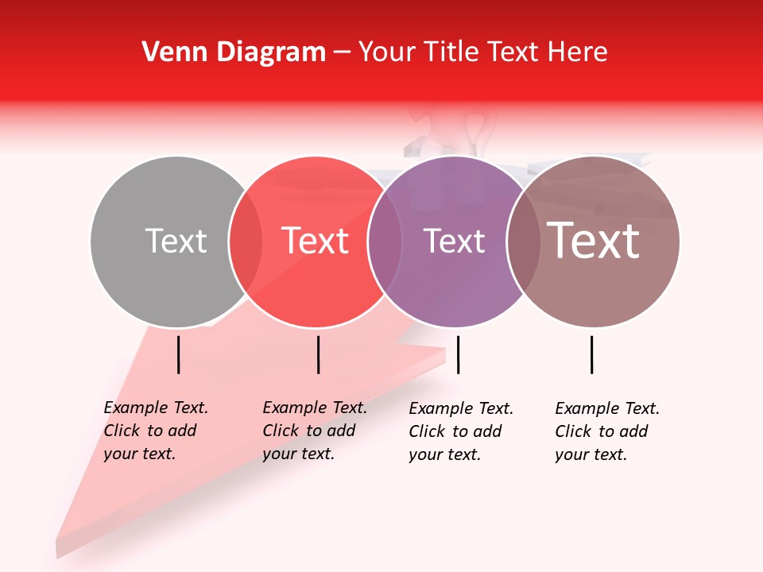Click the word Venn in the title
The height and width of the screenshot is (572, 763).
point(168,52)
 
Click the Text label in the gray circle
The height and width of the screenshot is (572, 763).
point(176,241)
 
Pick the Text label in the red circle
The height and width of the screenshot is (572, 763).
point(316,241)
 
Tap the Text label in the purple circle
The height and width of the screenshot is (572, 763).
point(454,241)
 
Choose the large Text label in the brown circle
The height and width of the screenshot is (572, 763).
point(594,241)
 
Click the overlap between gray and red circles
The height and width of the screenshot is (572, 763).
point(246,242)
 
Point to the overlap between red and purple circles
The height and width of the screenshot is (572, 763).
point(385,242)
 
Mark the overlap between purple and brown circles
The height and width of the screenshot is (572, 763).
point(524,242)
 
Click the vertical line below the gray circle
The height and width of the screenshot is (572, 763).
point(179,354)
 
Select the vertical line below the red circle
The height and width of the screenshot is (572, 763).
point(318,354)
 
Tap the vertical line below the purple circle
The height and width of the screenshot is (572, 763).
point(459,354)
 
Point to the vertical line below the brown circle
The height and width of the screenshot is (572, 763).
point(592,354)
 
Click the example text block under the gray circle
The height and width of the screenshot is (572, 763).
point(155,431)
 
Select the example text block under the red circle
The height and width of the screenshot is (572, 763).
point(314,431)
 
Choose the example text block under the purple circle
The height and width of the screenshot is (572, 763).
point(460,431)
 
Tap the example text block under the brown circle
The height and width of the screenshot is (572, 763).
point(606,431)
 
